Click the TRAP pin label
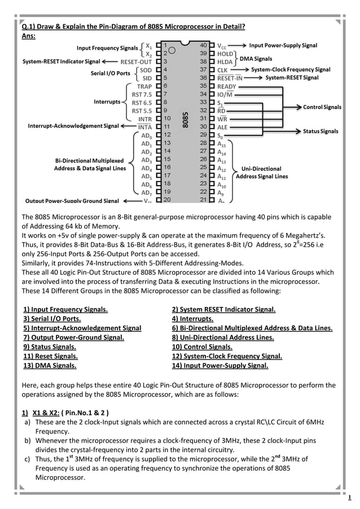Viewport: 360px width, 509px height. click(x=144, y=86)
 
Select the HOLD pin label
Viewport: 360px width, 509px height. click(x=226, y=52)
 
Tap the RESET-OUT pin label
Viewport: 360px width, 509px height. click(x=136, y=61)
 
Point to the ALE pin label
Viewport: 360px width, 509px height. click(x=223, y=128)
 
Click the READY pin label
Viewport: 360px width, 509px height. click(x=227, y=86)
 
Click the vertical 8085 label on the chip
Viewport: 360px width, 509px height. click(x=185, y=119)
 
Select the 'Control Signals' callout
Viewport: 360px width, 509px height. click(x=322, y=107)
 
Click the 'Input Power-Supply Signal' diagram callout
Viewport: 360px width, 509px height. click(x=283, y=45)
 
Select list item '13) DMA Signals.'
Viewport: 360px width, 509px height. click(x=50, y=366)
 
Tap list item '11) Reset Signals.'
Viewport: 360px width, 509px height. click(x=50, y=356)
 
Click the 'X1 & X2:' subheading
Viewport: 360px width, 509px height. click(x=49, y=411)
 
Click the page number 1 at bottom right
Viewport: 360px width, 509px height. click(x=349, y=497)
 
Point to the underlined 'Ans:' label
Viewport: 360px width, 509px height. click(x=28, y=36)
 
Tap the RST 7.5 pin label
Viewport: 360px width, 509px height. click(x=141, y=95)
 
